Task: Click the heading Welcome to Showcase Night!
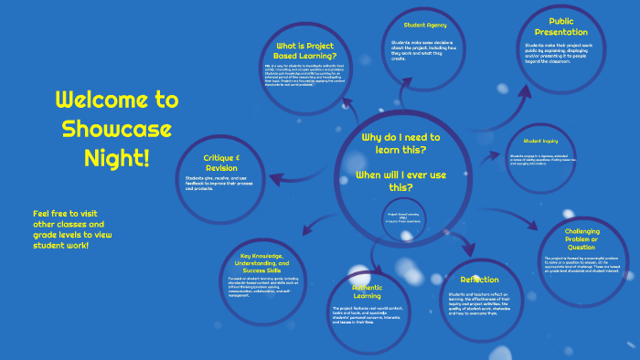click(102, 128)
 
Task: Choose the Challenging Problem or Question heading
click(582, 239)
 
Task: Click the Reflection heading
click(479, 280)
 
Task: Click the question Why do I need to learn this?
click(400, 143)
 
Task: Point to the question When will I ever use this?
click(400, 180)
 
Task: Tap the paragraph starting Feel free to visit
click(73, 228)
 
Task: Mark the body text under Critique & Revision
click(223, 186)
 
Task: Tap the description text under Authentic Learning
click(366, 315)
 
